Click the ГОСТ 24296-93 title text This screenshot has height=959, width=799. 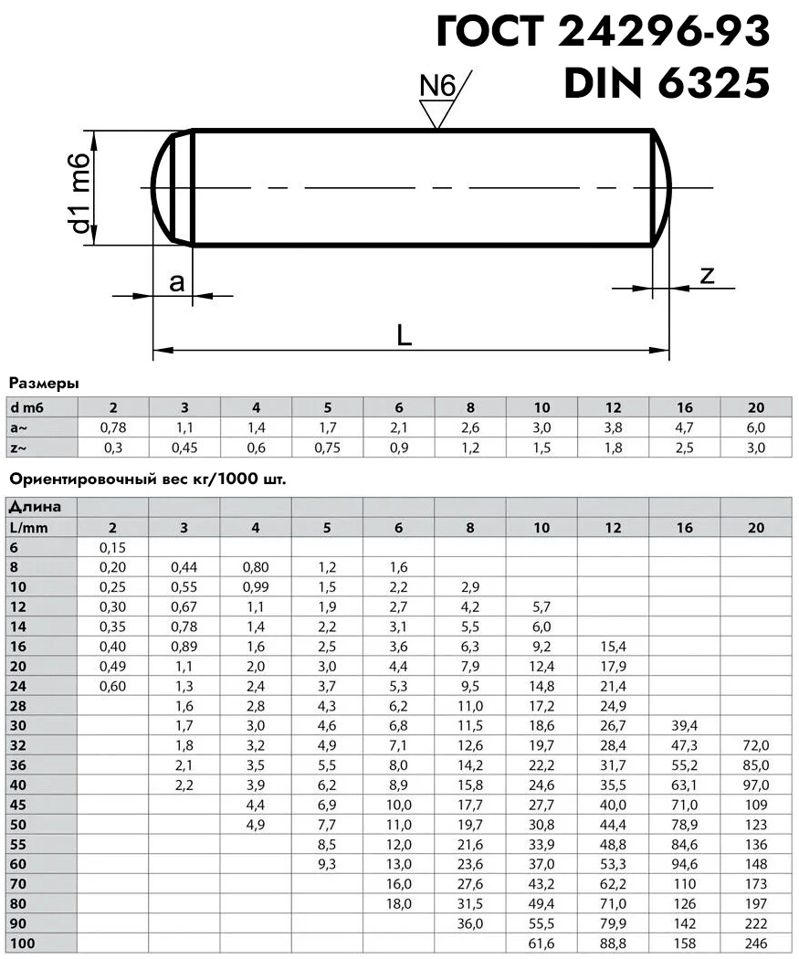tap(603, 33)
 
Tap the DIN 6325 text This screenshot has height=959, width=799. tap(666, 84)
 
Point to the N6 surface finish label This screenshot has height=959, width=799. tap(436, 86)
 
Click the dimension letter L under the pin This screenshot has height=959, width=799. tap(405, 335)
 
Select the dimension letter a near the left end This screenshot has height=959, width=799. tap(176, 283)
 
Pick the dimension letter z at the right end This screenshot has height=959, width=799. tap(706, 276)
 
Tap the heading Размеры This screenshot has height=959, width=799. tap(43, 383)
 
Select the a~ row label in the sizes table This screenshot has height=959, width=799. tap(20, 427)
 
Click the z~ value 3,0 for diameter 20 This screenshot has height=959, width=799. tap(755, 448)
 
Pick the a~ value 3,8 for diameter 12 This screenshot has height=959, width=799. tap(613, 427)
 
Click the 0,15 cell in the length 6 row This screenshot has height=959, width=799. tap(112, 547)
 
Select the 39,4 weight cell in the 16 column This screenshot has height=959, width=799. tap(684, 726)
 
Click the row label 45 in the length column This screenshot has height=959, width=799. tap(19, 806)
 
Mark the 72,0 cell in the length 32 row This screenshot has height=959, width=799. tap(755, 746)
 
